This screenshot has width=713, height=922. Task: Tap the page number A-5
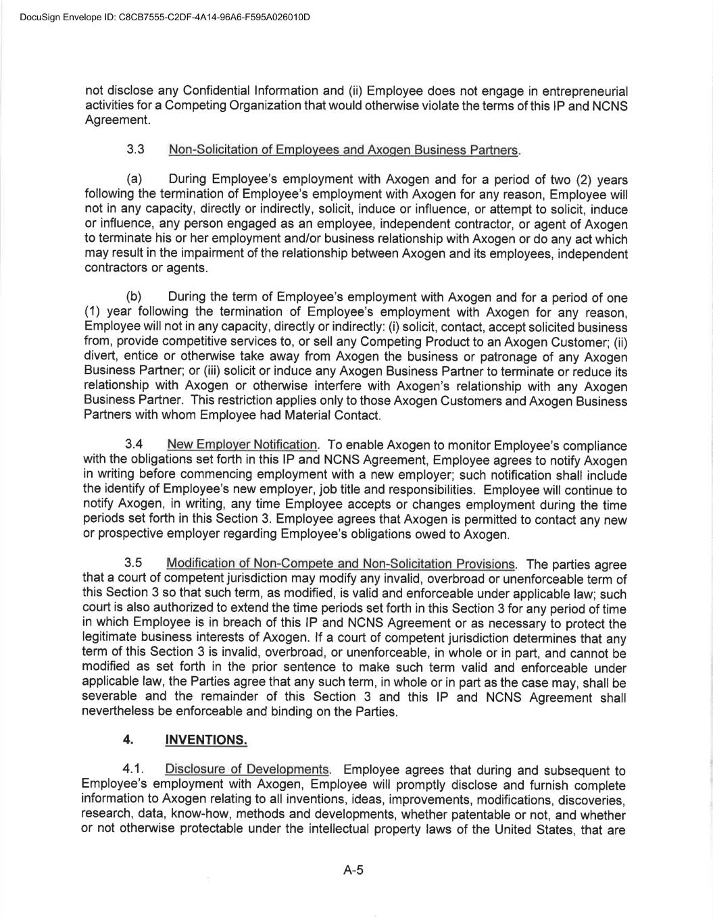[x=353, y=870]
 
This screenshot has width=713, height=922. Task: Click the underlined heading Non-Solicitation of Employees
[x=343, y=150]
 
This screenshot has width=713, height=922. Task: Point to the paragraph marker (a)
[x=134, y=180]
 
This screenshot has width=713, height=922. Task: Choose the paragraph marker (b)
[x=134, y=297]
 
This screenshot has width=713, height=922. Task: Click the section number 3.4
[x=134, y=444]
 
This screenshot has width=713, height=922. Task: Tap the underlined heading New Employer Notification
[x=242, y=444]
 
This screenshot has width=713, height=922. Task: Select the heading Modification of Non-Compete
[x=341, y=564]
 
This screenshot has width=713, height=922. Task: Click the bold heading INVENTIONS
[x=206, y=740]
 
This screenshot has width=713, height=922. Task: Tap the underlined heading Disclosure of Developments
[x=247, y=769]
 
